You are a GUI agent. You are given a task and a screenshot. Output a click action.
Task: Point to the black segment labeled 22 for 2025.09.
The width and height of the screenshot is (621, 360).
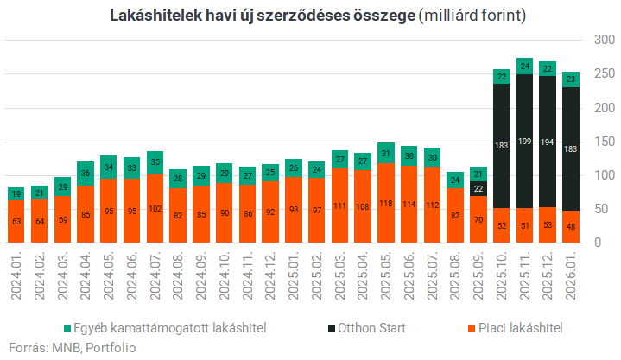tap(478, 187)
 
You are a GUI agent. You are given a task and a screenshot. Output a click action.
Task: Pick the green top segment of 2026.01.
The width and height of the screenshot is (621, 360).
tap(571, 79)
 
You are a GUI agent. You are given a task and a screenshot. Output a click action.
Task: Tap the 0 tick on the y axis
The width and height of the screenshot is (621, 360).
tap(596, 243)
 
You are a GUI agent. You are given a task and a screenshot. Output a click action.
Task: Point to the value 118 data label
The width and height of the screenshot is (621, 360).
tap(385, 205)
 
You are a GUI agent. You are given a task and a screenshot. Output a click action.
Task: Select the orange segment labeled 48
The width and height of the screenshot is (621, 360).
tap(571, 226)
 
